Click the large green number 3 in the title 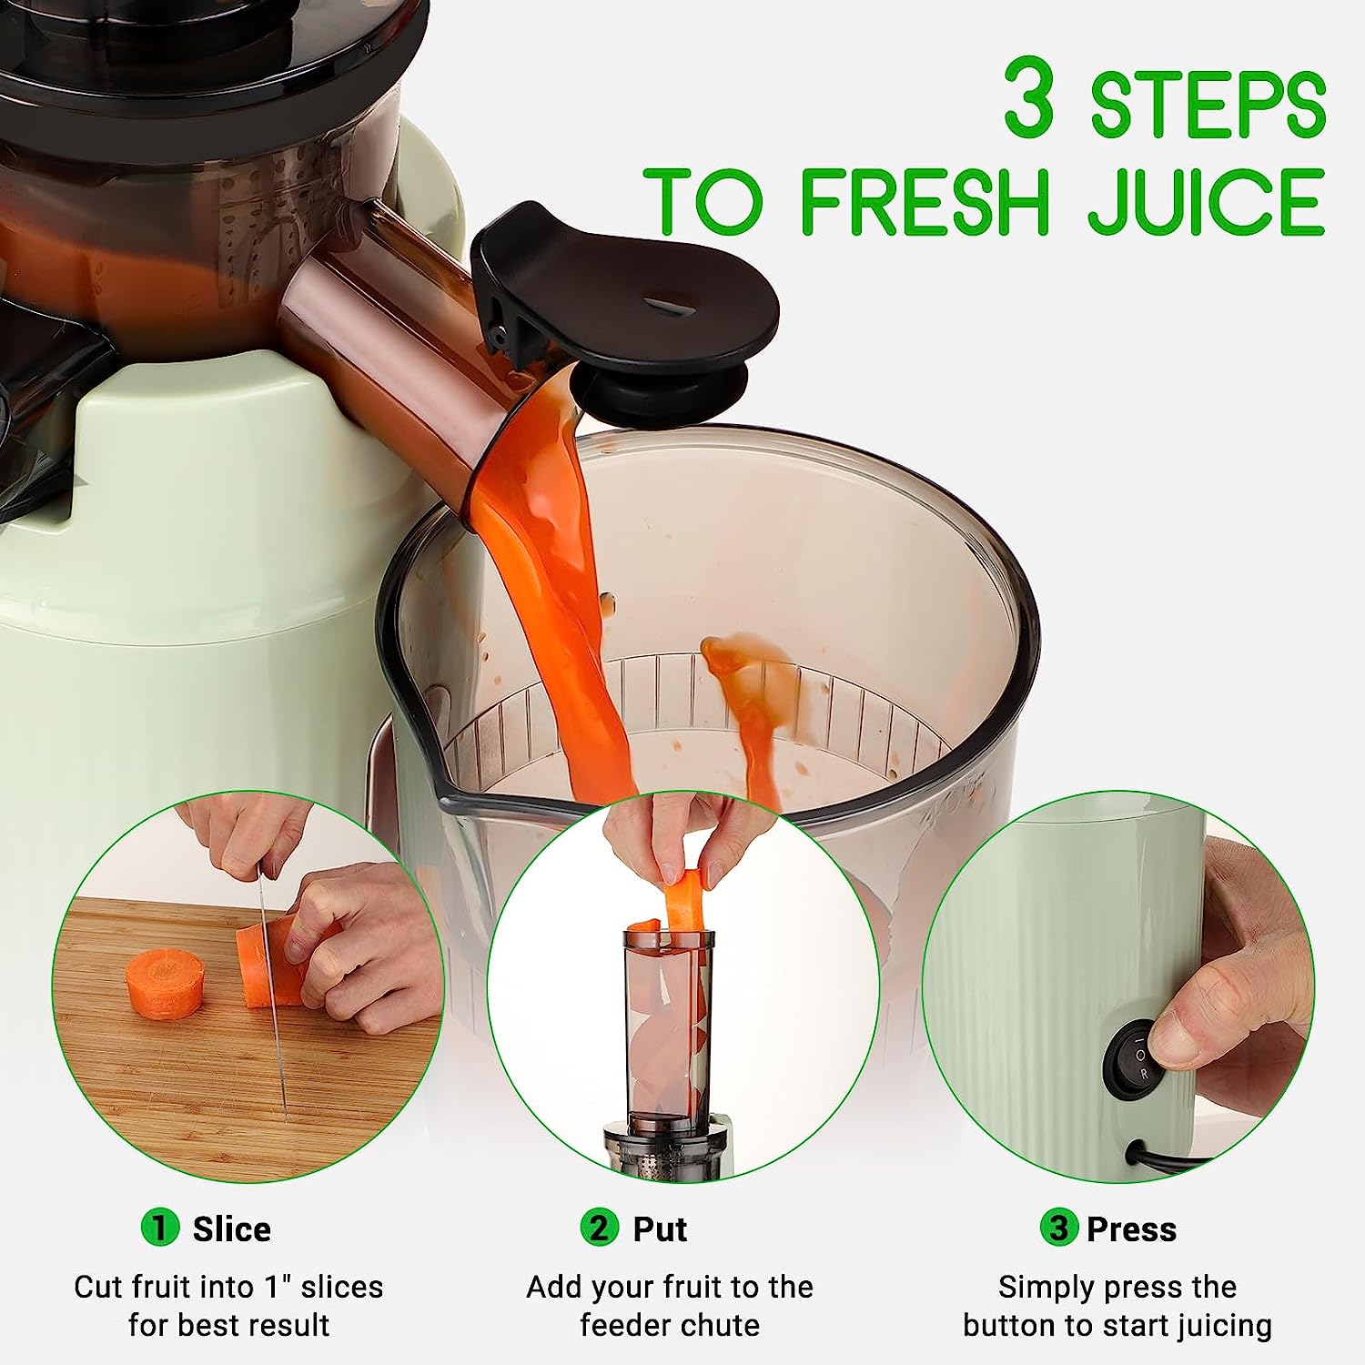point(1029,96)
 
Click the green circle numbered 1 point(159,1228)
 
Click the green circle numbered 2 point(599,1228)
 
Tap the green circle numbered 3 point(1058,1228)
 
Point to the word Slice point(232,1229)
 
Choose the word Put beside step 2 point(660,1229)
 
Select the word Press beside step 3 point(1132,1229)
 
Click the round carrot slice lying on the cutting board point(164,983)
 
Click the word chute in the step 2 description point(719,1325)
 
